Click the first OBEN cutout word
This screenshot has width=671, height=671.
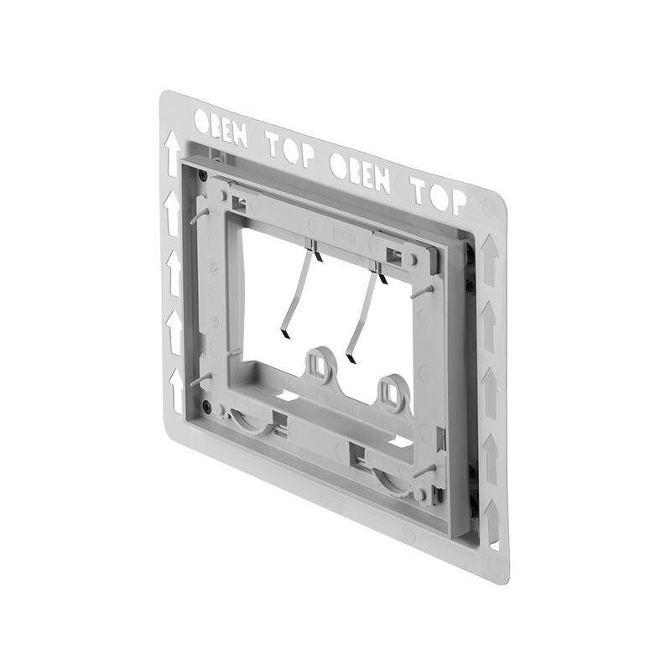[x=221, y=127]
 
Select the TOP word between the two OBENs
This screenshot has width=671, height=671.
[x=291, y=149]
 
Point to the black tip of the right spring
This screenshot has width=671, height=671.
[x=350, y=359]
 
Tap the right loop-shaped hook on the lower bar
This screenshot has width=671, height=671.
[x=393, y=392]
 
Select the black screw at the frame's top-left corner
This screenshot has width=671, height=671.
[x=202, y=175]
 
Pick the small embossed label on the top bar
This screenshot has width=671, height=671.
[x=345, y=237]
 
